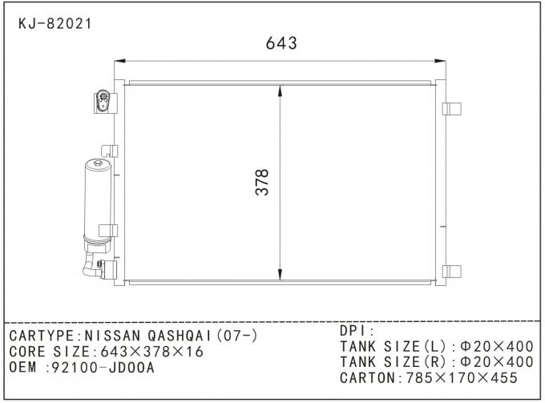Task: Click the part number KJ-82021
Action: [x=54, y=23]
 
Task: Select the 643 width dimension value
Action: [x=281, y=44]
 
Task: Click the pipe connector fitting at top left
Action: [x=103, y=100]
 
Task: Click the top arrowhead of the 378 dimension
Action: [x=279, y=92]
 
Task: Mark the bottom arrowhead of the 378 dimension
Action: [x=279, y=274]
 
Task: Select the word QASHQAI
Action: [x=175, y=335]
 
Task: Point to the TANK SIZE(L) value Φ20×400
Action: [x=495, y=346]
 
